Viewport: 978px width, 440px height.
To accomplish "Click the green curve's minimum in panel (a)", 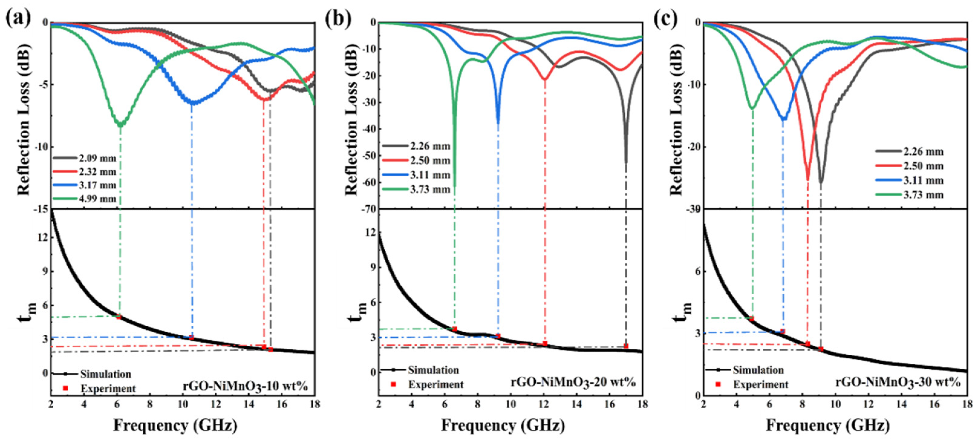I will (121, 125).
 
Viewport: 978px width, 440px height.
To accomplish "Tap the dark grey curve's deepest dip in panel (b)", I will (626, 161).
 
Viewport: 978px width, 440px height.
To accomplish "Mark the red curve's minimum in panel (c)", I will (807, 179).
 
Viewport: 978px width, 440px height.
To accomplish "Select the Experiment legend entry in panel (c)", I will (761, 385).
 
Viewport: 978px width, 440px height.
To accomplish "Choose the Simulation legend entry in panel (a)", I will (105, 374).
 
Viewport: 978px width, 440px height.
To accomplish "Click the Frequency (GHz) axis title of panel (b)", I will (503, 425).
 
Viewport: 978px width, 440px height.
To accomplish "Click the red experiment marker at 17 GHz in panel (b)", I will (626, 346).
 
